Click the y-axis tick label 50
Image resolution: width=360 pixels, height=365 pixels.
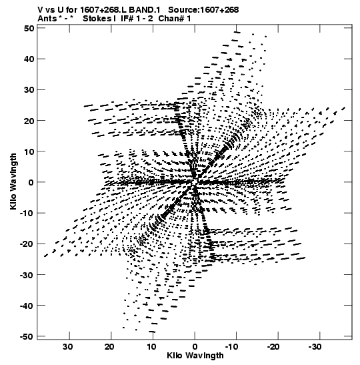click(29, 28)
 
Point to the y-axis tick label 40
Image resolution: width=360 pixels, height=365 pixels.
click(29, 59)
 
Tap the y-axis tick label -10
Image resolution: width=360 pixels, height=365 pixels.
click(27, 213)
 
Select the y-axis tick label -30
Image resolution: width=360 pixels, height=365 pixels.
click(27, 275)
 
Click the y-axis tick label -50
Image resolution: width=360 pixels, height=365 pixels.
click(27, 336)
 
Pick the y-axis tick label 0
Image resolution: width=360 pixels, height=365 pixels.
click(31, 182)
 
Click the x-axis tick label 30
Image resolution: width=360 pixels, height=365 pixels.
click(68, 347)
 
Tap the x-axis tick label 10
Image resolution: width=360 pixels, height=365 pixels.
click(151, 347)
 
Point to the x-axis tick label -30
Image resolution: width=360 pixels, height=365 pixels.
click(316, 347)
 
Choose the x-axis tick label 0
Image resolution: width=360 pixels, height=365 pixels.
click(195, 347)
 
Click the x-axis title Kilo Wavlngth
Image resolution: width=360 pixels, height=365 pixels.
click(195, 356)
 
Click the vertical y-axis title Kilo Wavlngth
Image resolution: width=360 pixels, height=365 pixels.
click(13, 181)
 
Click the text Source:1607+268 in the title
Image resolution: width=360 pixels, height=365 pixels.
click(203, 10)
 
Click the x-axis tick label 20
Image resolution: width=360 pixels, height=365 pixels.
click(109, 347)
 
